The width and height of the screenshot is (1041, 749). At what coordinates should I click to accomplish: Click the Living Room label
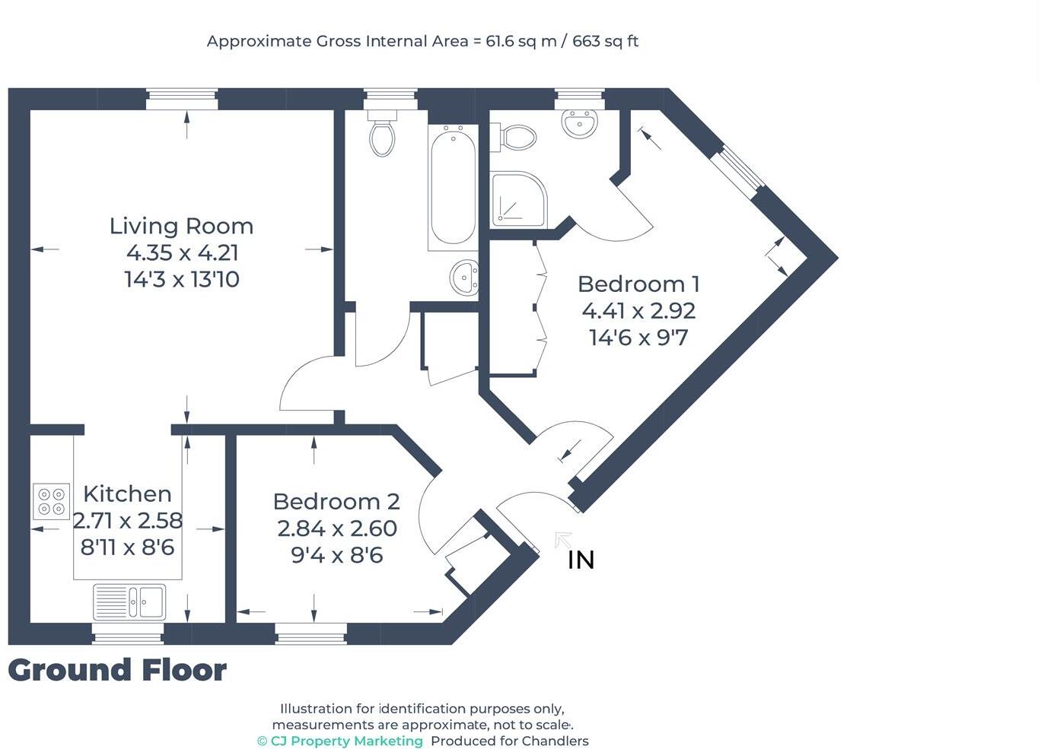181,227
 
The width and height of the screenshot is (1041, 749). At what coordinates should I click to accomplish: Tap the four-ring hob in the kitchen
52,501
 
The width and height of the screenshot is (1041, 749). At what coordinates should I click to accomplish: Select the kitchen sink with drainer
129,601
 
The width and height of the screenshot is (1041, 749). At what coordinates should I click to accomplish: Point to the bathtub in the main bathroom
453,187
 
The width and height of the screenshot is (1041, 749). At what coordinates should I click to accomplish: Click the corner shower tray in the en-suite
517,200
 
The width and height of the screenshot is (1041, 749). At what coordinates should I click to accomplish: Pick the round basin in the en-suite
580,123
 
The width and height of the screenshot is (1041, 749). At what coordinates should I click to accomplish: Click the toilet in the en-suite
517,138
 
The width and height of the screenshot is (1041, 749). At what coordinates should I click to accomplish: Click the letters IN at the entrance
581,560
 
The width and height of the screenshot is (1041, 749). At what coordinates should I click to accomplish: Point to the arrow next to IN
563,540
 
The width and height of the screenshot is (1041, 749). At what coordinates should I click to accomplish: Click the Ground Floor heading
117,671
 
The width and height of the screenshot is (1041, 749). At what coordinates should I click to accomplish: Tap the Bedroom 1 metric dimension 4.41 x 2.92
638,311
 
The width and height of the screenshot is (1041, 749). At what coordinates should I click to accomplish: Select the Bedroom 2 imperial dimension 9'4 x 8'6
336,555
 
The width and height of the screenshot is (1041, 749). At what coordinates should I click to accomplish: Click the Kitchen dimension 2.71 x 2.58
128,521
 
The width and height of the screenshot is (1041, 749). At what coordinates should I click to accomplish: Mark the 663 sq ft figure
605,41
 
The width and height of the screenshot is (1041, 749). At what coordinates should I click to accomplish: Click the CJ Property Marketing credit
340,741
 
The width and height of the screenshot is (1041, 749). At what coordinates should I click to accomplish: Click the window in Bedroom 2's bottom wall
310,633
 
